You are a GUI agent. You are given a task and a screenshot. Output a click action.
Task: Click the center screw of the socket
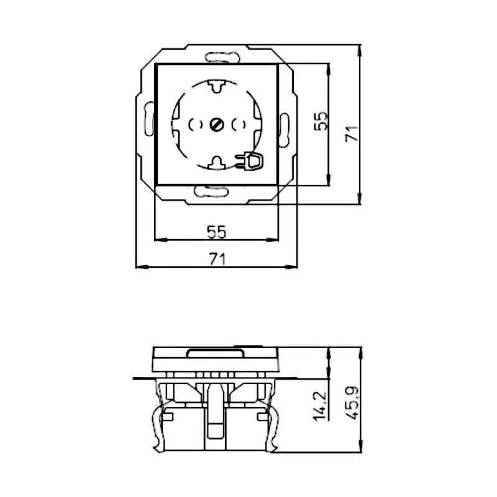pos(217,125)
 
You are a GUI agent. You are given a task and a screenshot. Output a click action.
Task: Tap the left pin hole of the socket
pos(195,125)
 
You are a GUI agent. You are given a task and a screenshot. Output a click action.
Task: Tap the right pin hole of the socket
pos(239,125)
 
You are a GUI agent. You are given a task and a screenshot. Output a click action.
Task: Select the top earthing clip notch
pos(216,86)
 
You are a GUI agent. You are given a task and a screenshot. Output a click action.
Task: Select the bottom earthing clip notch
pos(217,163)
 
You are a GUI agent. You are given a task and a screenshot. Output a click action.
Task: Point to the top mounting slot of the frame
pos(222,57)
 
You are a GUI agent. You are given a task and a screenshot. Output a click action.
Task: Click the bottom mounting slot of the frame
pos(211,191)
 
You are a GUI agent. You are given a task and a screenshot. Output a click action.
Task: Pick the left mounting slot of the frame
pos(149,119)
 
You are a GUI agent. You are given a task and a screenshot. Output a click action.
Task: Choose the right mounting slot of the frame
pos(285,130)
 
